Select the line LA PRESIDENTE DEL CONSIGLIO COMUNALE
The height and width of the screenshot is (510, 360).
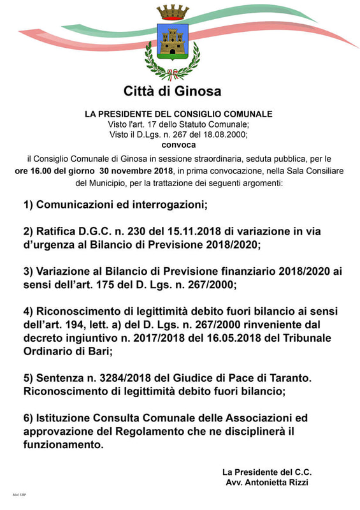click(178, 114)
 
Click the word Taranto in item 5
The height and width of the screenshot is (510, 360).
click(289, 378)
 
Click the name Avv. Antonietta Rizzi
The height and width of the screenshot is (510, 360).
click(267, 483)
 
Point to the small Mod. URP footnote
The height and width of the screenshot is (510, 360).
click(19, 495)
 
